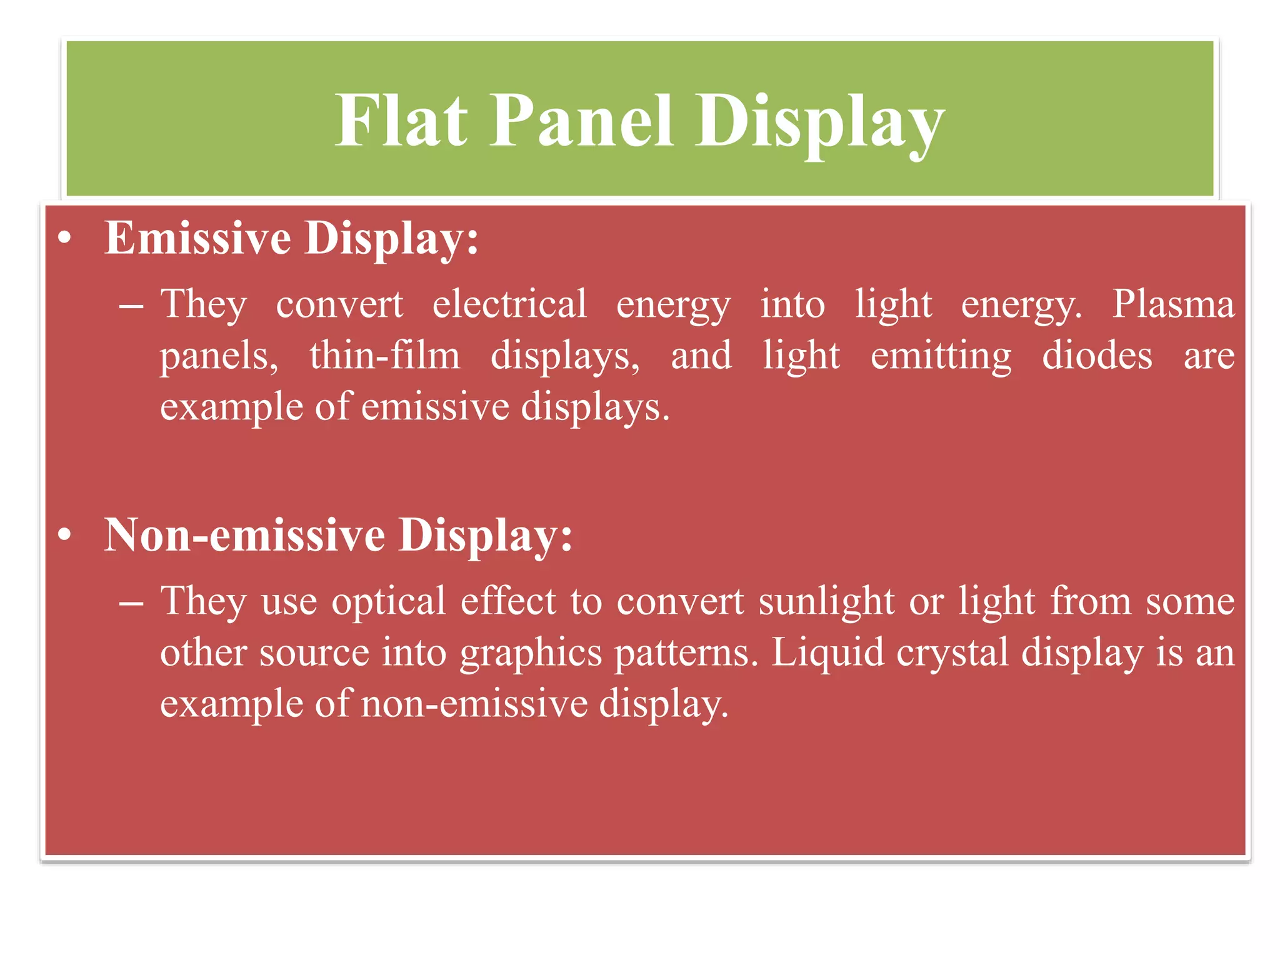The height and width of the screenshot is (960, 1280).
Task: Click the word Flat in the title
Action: click(401, 120)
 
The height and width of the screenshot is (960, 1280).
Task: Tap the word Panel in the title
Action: click(581, 120)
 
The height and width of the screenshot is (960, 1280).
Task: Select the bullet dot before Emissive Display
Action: click(64, 239)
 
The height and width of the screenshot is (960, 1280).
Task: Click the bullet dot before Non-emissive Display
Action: click(64, 536)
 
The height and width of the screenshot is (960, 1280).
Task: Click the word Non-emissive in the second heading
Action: click(244, 535)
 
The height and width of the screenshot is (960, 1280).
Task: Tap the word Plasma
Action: click(1173, 305)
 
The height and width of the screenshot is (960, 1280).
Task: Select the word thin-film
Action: click(385, 356)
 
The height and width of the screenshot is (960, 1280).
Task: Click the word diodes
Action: click(1097, 356)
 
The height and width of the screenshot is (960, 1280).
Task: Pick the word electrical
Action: click(509, 305)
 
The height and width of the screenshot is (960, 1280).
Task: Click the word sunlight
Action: click(827, 602)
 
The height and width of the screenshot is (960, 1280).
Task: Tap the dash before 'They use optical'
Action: click(131, 604)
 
